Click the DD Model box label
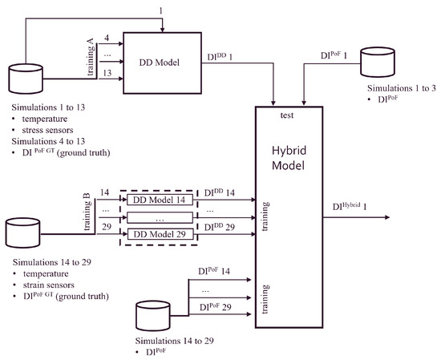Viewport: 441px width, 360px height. tap(160, 63)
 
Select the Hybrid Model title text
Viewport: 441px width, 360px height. tap(289, 158)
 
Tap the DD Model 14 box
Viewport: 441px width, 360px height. tap(160, 200)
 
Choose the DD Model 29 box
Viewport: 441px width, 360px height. tap(160, 234)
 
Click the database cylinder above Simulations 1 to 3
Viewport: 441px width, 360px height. tap(378, 63)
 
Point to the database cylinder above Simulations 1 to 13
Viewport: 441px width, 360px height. tap(26, 79)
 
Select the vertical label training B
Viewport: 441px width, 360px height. tap(87, 212)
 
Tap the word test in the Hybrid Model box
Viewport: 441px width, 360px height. tap(287, 115)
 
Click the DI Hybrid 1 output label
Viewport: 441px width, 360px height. tap(350, 206)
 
